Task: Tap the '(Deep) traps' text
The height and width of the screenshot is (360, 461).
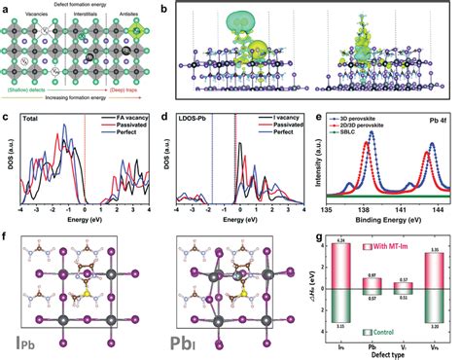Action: [x=143, y=108]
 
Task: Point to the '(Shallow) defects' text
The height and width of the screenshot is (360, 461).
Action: [x=32, y=108]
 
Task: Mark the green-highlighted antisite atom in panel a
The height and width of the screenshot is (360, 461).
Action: [x=143, y=40]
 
